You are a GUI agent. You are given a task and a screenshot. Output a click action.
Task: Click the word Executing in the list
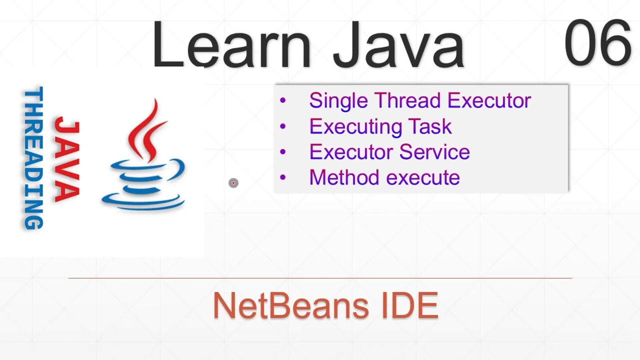click(356, 126)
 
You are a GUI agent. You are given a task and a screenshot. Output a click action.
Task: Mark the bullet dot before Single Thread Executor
click(283, 100)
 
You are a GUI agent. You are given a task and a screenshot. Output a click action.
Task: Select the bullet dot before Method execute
click(283, 177)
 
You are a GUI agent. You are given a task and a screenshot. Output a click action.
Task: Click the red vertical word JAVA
click(67, 159)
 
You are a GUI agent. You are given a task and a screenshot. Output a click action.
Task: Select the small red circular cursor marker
click(233, 183)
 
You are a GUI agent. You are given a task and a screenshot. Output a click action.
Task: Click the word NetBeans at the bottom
click(284, 305)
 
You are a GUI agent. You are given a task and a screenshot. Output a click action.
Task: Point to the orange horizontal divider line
click(320, 277)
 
